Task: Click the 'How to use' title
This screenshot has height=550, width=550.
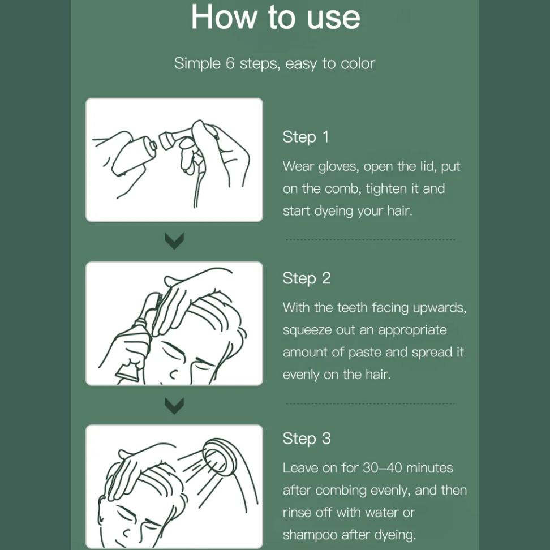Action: click(x=276, y=17)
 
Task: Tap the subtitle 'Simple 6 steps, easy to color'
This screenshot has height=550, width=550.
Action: click(x=274, y=63)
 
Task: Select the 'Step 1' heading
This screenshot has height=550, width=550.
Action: click(x=306, y=137)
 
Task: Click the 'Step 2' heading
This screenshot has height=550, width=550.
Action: click(x=307, y=278)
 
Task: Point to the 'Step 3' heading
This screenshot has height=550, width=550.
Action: click(x=307, y=439)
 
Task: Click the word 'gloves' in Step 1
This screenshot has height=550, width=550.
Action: click(x=338, y=166)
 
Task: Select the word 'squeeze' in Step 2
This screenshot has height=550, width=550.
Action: click(x=307, y=330)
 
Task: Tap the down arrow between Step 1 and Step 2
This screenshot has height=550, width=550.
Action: click(x=174, y=240)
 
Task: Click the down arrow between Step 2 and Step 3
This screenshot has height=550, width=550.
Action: click(x=174, y=406)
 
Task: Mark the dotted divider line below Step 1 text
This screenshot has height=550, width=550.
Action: click(x=371, y=240)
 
